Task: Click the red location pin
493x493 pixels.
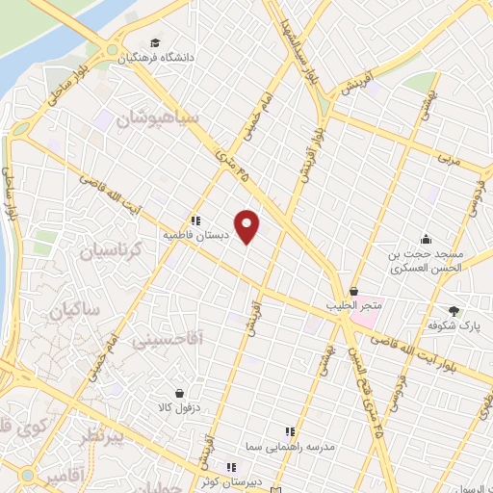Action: tap(247, 224)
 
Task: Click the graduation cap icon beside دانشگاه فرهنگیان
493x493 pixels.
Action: tap(154, 43)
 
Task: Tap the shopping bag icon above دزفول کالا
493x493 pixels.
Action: tap(180, 393)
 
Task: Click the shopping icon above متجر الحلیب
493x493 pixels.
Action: tap(354, 292)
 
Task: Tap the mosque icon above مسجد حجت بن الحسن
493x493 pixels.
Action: tap(425, 239)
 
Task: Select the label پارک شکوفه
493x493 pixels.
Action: tap(454, 324)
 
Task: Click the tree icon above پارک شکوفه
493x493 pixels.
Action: tap(454, 310)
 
